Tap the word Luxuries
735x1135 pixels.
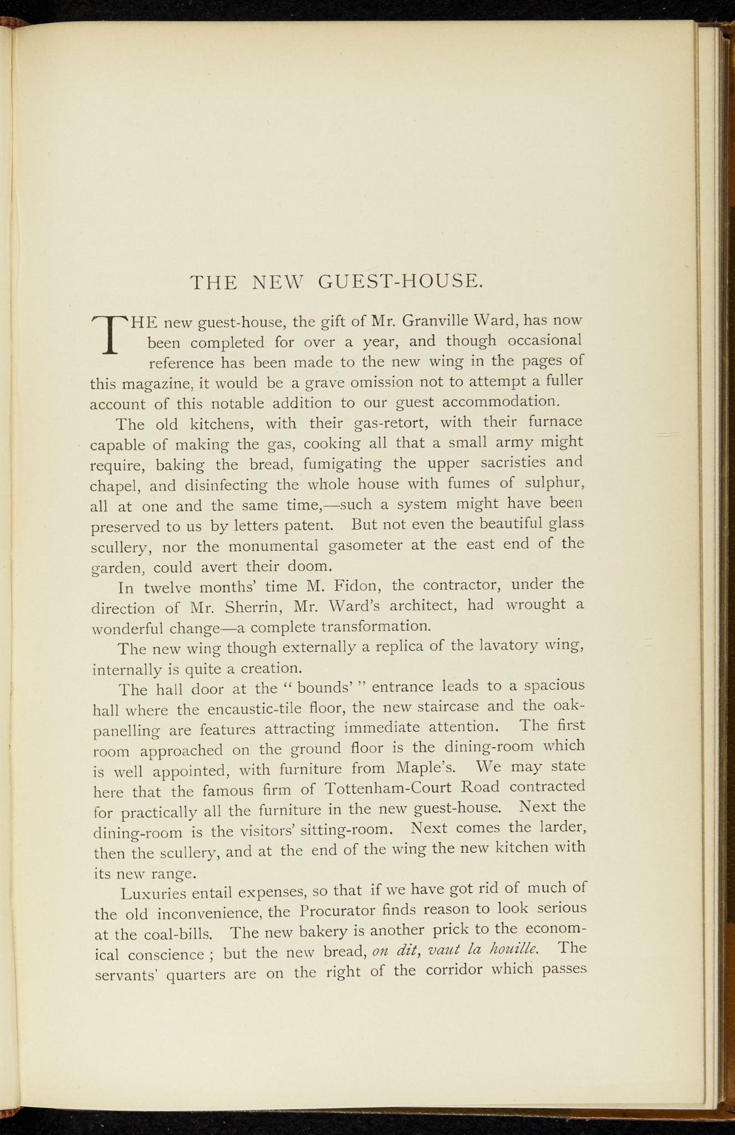(153, 893)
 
